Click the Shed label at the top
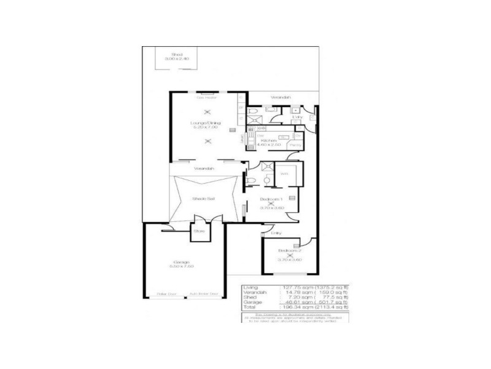click(x=177, y=55)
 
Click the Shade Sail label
click(x=203, y=199)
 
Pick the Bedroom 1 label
click(x=271, y=199)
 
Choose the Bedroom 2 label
click(x=290, y=251)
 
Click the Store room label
click(x=199, y=231)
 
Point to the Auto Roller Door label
click(x=204, y=294)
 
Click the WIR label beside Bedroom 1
click(x=284, y=174)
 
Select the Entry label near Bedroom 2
click(x=276, y=233)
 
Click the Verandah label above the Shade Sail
click(x=203, y=169)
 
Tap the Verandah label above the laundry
click(x=280, y=98)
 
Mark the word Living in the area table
click(x=251, y=288)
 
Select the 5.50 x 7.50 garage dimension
click(x=182, y=268)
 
